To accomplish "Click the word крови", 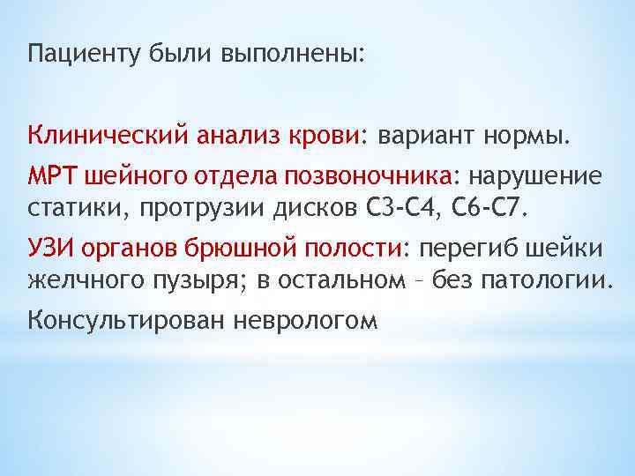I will (x=323, y=138).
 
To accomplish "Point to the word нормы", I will (x=529, y=138).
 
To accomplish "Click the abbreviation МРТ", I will (x=54, y=175).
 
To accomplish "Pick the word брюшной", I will (x=253, y=248).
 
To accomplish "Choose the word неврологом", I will (x=306, y=319).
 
